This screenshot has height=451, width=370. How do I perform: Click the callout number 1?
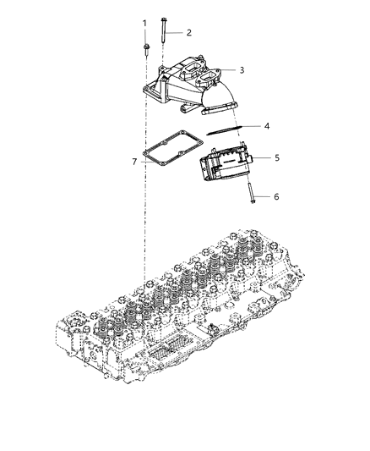(144, 23)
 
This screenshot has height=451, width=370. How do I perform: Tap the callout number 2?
(189, 32)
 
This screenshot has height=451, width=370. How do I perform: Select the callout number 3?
(242, 70)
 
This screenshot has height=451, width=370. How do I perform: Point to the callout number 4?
(266, 126)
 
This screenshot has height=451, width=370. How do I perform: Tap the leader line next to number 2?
(175, 32)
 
